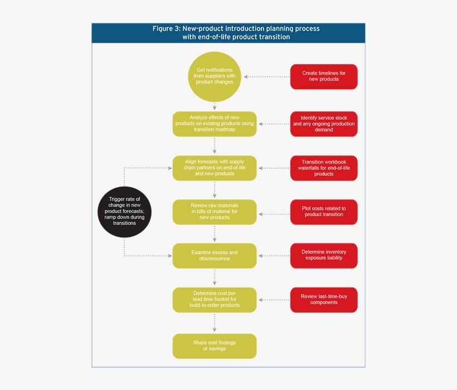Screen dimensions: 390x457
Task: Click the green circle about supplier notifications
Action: click(x=215, y=76)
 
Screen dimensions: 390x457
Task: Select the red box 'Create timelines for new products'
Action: click(x=324, y=76)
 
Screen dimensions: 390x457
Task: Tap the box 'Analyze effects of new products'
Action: click(x=215, y=124)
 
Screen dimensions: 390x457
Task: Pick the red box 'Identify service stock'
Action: click(x=324, y=124)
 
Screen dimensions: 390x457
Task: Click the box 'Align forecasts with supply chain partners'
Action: click(x=215, y=168)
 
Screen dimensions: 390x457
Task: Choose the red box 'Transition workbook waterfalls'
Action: click(x=324, y=168)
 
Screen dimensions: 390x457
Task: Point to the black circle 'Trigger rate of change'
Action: click(x=124, y=212)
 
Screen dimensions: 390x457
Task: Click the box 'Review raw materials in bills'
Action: click(x=215, y=212)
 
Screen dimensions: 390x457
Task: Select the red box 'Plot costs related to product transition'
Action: click(x=324, y=212)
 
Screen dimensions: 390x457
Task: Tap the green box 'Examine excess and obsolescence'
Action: click(x=215, y=256)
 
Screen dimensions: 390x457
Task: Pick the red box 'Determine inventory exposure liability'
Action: click(x=324, y=256)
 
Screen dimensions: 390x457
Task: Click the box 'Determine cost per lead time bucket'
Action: click(x=215, y=300)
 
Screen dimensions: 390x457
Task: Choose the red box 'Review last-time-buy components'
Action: click(x=324, y=300)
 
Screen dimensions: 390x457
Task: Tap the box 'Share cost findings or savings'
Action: click(x=215, y=346)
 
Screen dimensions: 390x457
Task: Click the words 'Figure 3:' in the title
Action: click(x=167, y=28)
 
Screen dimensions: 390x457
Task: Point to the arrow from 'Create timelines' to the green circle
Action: click(x=266, y=76)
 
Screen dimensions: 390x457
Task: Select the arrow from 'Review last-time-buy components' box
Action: click(x=274, y=300)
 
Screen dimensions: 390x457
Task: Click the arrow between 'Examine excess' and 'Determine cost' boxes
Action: click(x=215, y=278)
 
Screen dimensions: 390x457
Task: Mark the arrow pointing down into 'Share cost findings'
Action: click(x=215, y=323)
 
